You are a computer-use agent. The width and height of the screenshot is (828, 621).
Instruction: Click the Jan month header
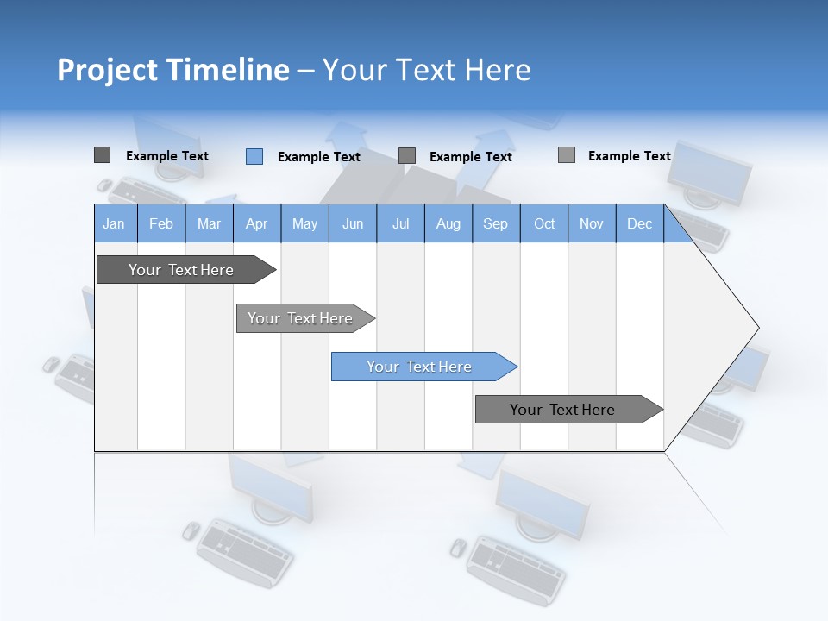[114, 223]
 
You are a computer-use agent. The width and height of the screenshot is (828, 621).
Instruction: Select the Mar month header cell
[209, 223]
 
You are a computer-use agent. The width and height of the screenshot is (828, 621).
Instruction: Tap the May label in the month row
[304, 223]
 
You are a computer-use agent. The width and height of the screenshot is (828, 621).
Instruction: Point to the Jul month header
[400, 223]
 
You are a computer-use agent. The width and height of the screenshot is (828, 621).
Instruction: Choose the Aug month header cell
[448, 223]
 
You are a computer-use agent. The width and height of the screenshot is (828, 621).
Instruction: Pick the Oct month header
[544, 223]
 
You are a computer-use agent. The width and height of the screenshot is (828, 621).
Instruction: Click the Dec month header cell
[639, 223]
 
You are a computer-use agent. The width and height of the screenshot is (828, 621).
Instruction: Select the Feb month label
[161, 223]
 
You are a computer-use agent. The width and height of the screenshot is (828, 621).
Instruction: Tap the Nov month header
[592, 223]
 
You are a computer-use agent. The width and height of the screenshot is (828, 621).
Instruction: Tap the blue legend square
[254, 156]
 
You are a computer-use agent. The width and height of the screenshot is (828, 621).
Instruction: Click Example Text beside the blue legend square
[318, 157]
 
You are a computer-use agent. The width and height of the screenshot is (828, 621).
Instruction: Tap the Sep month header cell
[495, 223]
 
